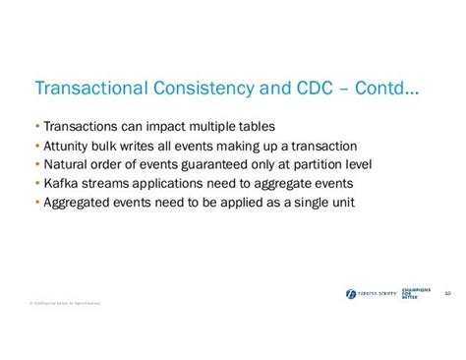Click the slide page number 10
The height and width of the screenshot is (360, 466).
(447, 292)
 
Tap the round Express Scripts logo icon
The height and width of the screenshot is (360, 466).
(351, 293)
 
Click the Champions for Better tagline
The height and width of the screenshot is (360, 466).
(419, 293)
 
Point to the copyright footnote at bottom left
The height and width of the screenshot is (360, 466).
(65, 303)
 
